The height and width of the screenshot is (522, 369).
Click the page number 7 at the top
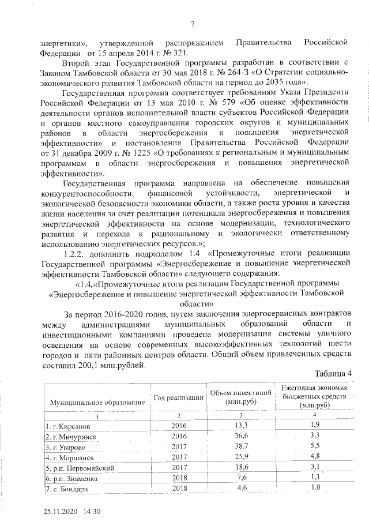(193, 23)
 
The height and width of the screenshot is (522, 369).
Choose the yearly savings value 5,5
(315, 446)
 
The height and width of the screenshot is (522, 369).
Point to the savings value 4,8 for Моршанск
(315, 457)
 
